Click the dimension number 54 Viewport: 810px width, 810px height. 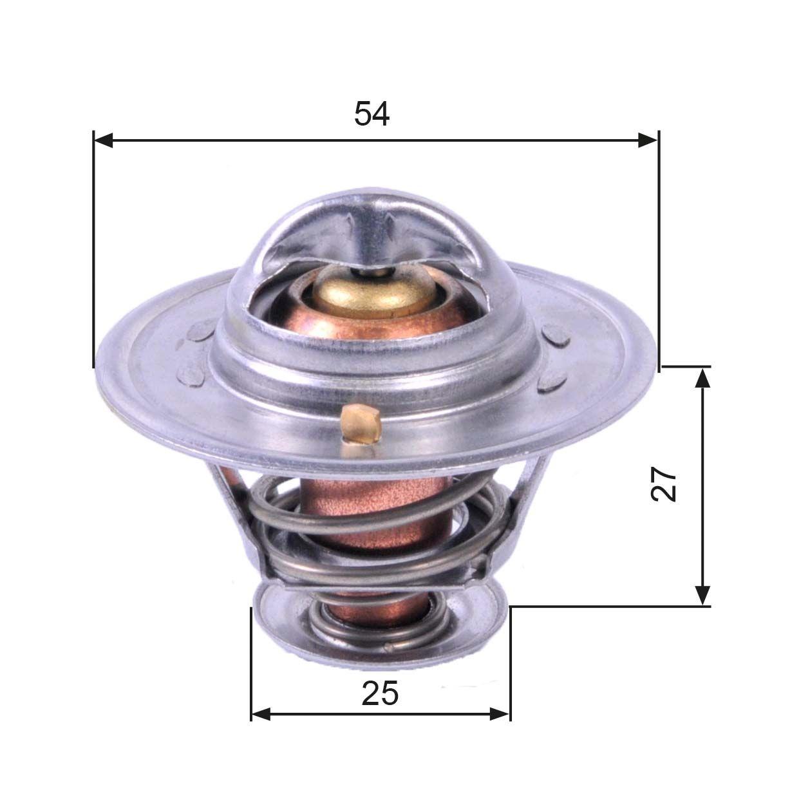point(372,114)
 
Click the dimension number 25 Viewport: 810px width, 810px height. point(380,693)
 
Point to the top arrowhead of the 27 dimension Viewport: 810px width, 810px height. point(703,377)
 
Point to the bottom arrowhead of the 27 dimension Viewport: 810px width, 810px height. point(703,595)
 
